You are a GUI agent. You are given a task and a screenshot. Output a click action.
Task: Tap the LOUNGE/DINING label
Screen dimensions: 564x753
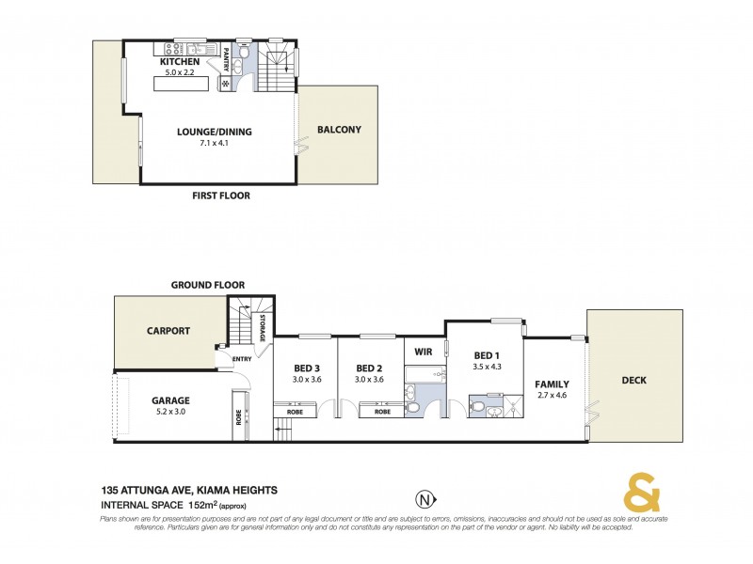(215, 132)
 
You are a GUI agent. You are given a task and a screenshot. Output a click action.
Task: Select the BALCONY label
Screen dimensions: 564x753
(339, 130)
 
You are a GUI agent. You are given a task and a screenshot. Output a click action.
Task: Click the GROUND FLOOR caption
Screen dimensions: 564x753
(208, 284)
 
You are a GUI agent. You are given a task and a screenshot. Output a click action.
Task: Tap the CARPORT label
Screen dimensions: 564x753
(168, 331)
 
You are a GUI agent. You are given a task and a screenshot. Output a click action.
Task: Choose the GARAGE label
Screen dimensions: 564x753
(171, 399)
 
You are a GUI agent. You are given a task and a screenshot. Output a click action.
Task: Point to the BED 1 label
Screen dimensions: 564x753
(487, 354)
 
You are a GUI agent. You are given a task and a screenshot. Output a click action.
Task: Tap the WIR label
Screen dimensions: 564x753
(418, 352)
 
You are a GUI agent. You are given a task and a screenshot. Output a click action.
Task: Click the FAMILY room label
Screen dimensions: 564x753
(552, 384)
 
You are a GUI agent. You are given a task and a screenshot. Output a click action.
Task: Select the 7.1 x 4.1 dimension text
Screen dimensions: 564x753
(215, 144)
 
